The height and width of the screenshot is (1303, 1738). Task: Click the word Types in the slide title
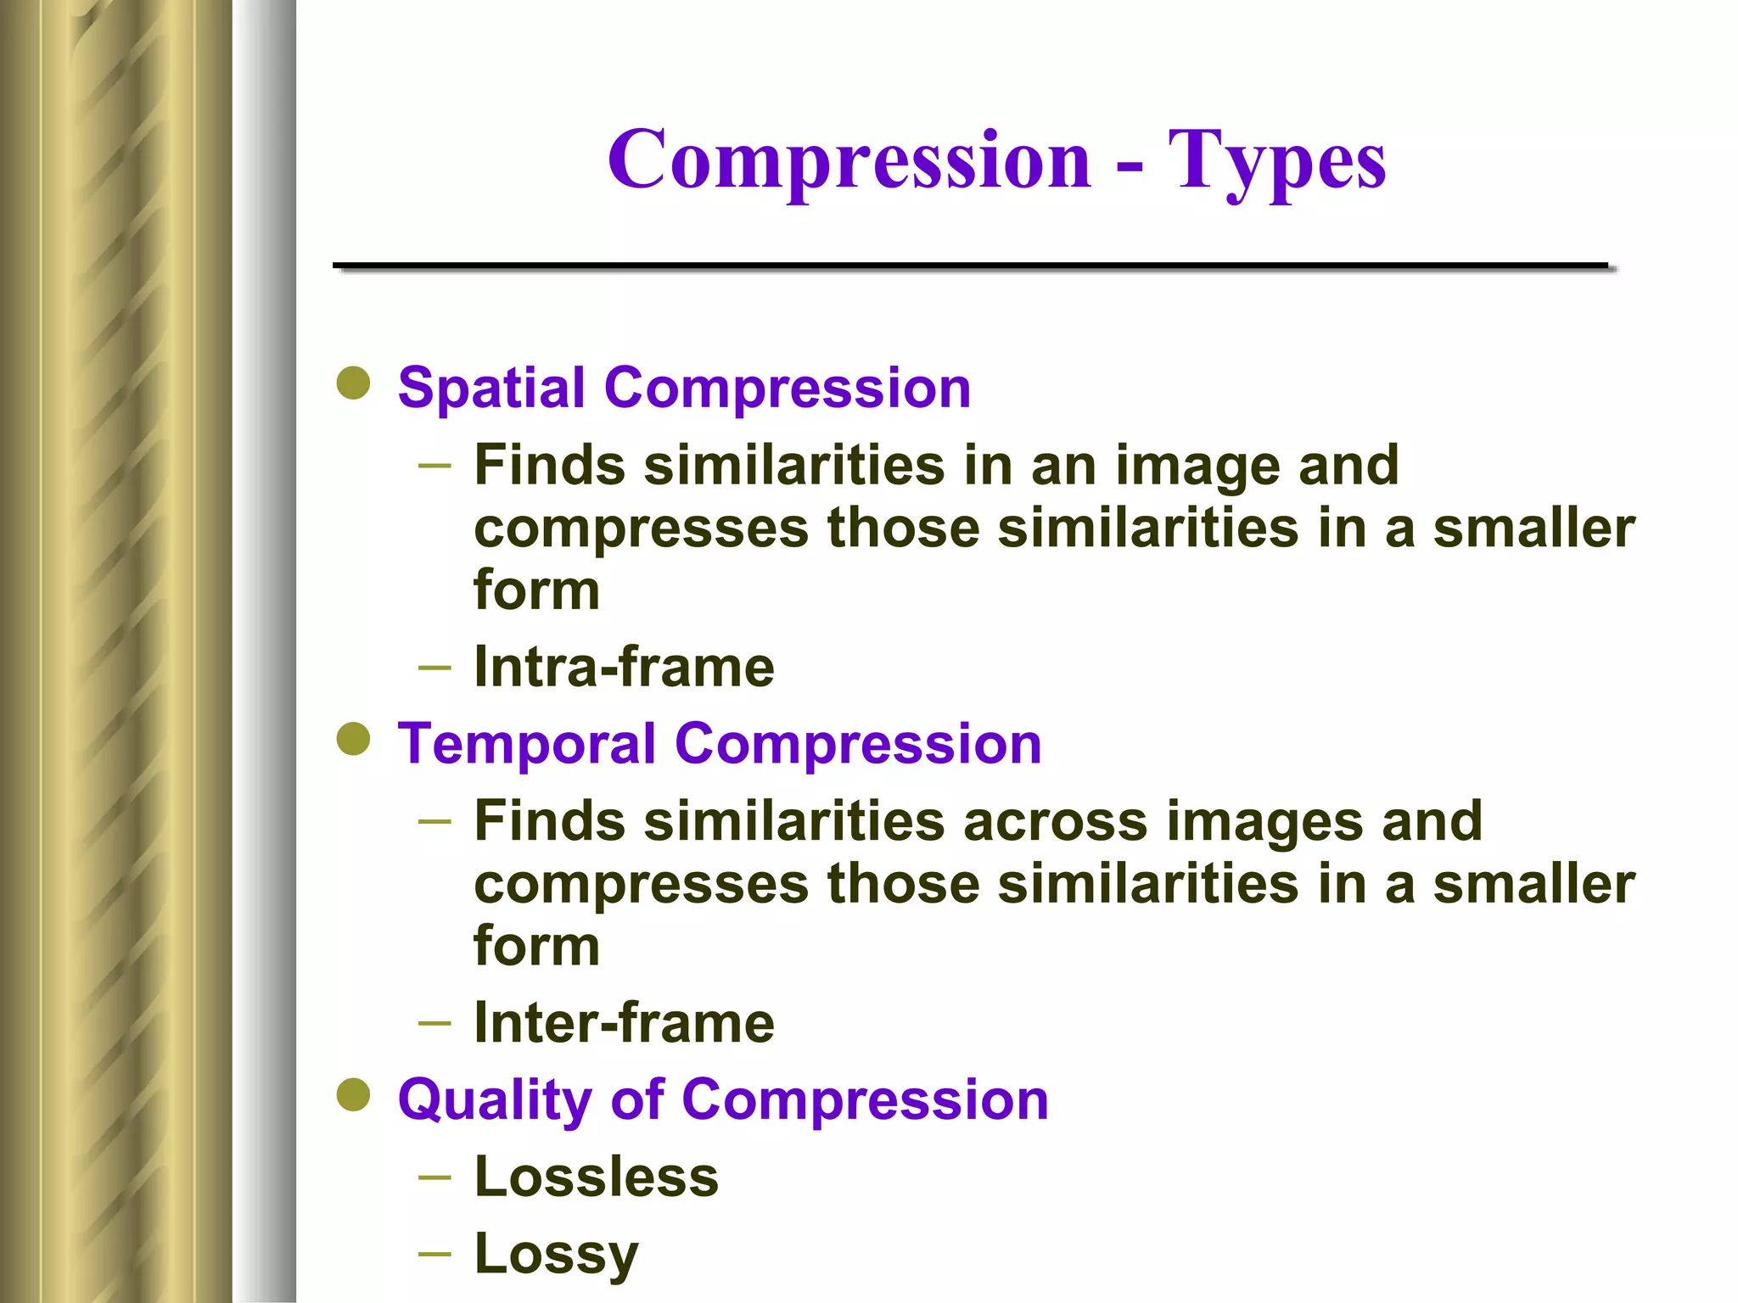1276,162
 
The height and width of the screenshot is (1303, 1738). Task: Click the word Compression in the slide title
849,160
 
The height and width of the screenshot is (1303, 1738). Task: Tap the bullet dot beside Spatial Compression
353,383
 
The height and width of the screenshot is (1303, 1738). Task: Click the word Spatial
491,389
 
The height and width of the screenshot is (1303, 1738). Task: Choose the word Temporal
526,745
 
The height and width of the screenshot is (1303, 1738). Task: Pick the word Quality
494,1101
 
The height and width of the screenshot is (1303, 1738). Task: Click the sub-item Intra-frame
624,667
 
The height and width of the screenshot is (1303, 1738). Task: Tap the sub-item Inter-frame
624,1023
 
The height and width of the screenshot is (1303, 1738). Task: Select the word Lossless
596,1177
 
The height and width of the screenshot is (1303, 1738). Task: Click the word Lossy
556,1255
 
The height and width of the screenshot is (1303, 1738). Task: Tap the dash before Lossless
434,1177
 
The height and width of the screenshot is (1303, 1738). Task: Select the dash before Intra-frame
434,668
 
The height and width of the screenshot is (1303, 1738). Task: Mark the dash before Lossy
434,1254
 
